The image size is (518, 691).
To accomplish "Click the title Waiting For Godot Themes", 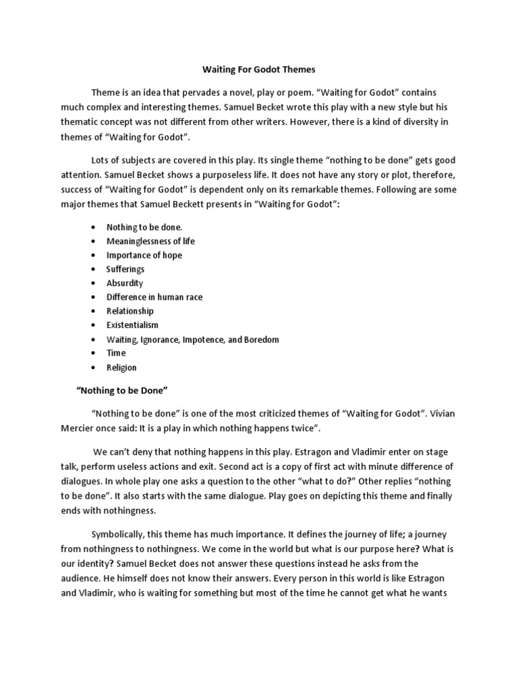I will coord(259,70).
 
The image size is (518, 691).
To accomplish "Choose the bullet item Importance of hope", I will coord(144,255).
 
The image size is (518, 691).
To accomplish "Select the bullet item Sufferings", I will coord(125,269).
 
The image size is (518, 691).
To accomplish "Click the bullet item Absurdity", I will coord(125,283).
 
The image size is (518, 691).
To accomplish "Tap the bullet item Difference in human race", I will coord(154,297).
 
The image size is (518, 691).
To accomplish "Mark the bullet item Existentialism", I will coord(132,325).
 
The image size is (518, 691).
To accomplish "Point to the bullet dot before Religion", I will coord(92,368).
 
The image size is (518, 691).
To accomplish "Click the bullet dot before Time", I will coord(92,354).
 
